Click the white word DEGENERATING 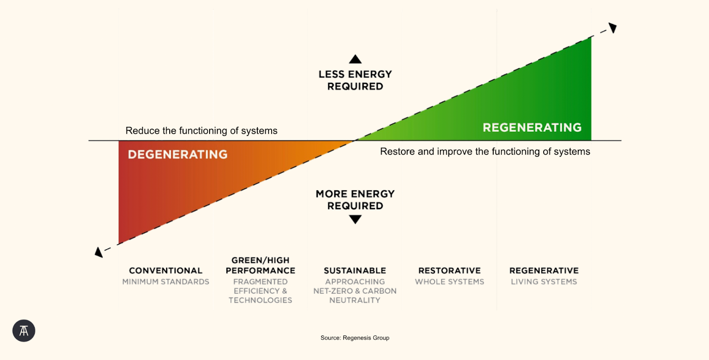pos(178,154)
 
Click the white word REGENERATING pos(532,128)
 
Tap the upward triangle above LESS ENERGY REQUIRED pos(355,59)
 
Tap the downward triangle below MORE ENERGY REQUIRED pos(355,219)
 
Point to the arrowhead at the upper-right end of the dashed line pos(613,28)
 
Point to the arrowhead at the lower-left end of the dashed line pos(99,252)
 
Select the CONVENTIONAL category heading pos(166,270)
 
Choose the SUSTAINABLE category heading pos(355,270)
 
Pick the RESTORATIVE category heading pos(449,270)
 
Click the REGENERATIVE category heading pos(544,270)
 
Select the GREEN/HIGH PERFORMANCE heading pos(261,265)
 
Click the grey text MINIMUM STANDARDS pos(166,282)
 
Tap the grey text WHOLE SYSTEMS pos(449,282)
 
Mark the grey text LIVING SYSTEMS pos(544,282)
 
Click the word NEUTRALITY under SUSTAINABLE pos(355,300)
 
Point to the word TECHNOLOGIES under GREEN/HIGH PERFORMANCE pos(261,300)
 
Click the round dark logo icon pos(24,331)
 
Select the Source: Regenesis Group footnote pos(355,338)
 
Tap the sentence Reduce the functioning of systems pos(201,131)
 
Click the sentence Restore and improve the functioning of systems pos(485,152)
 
